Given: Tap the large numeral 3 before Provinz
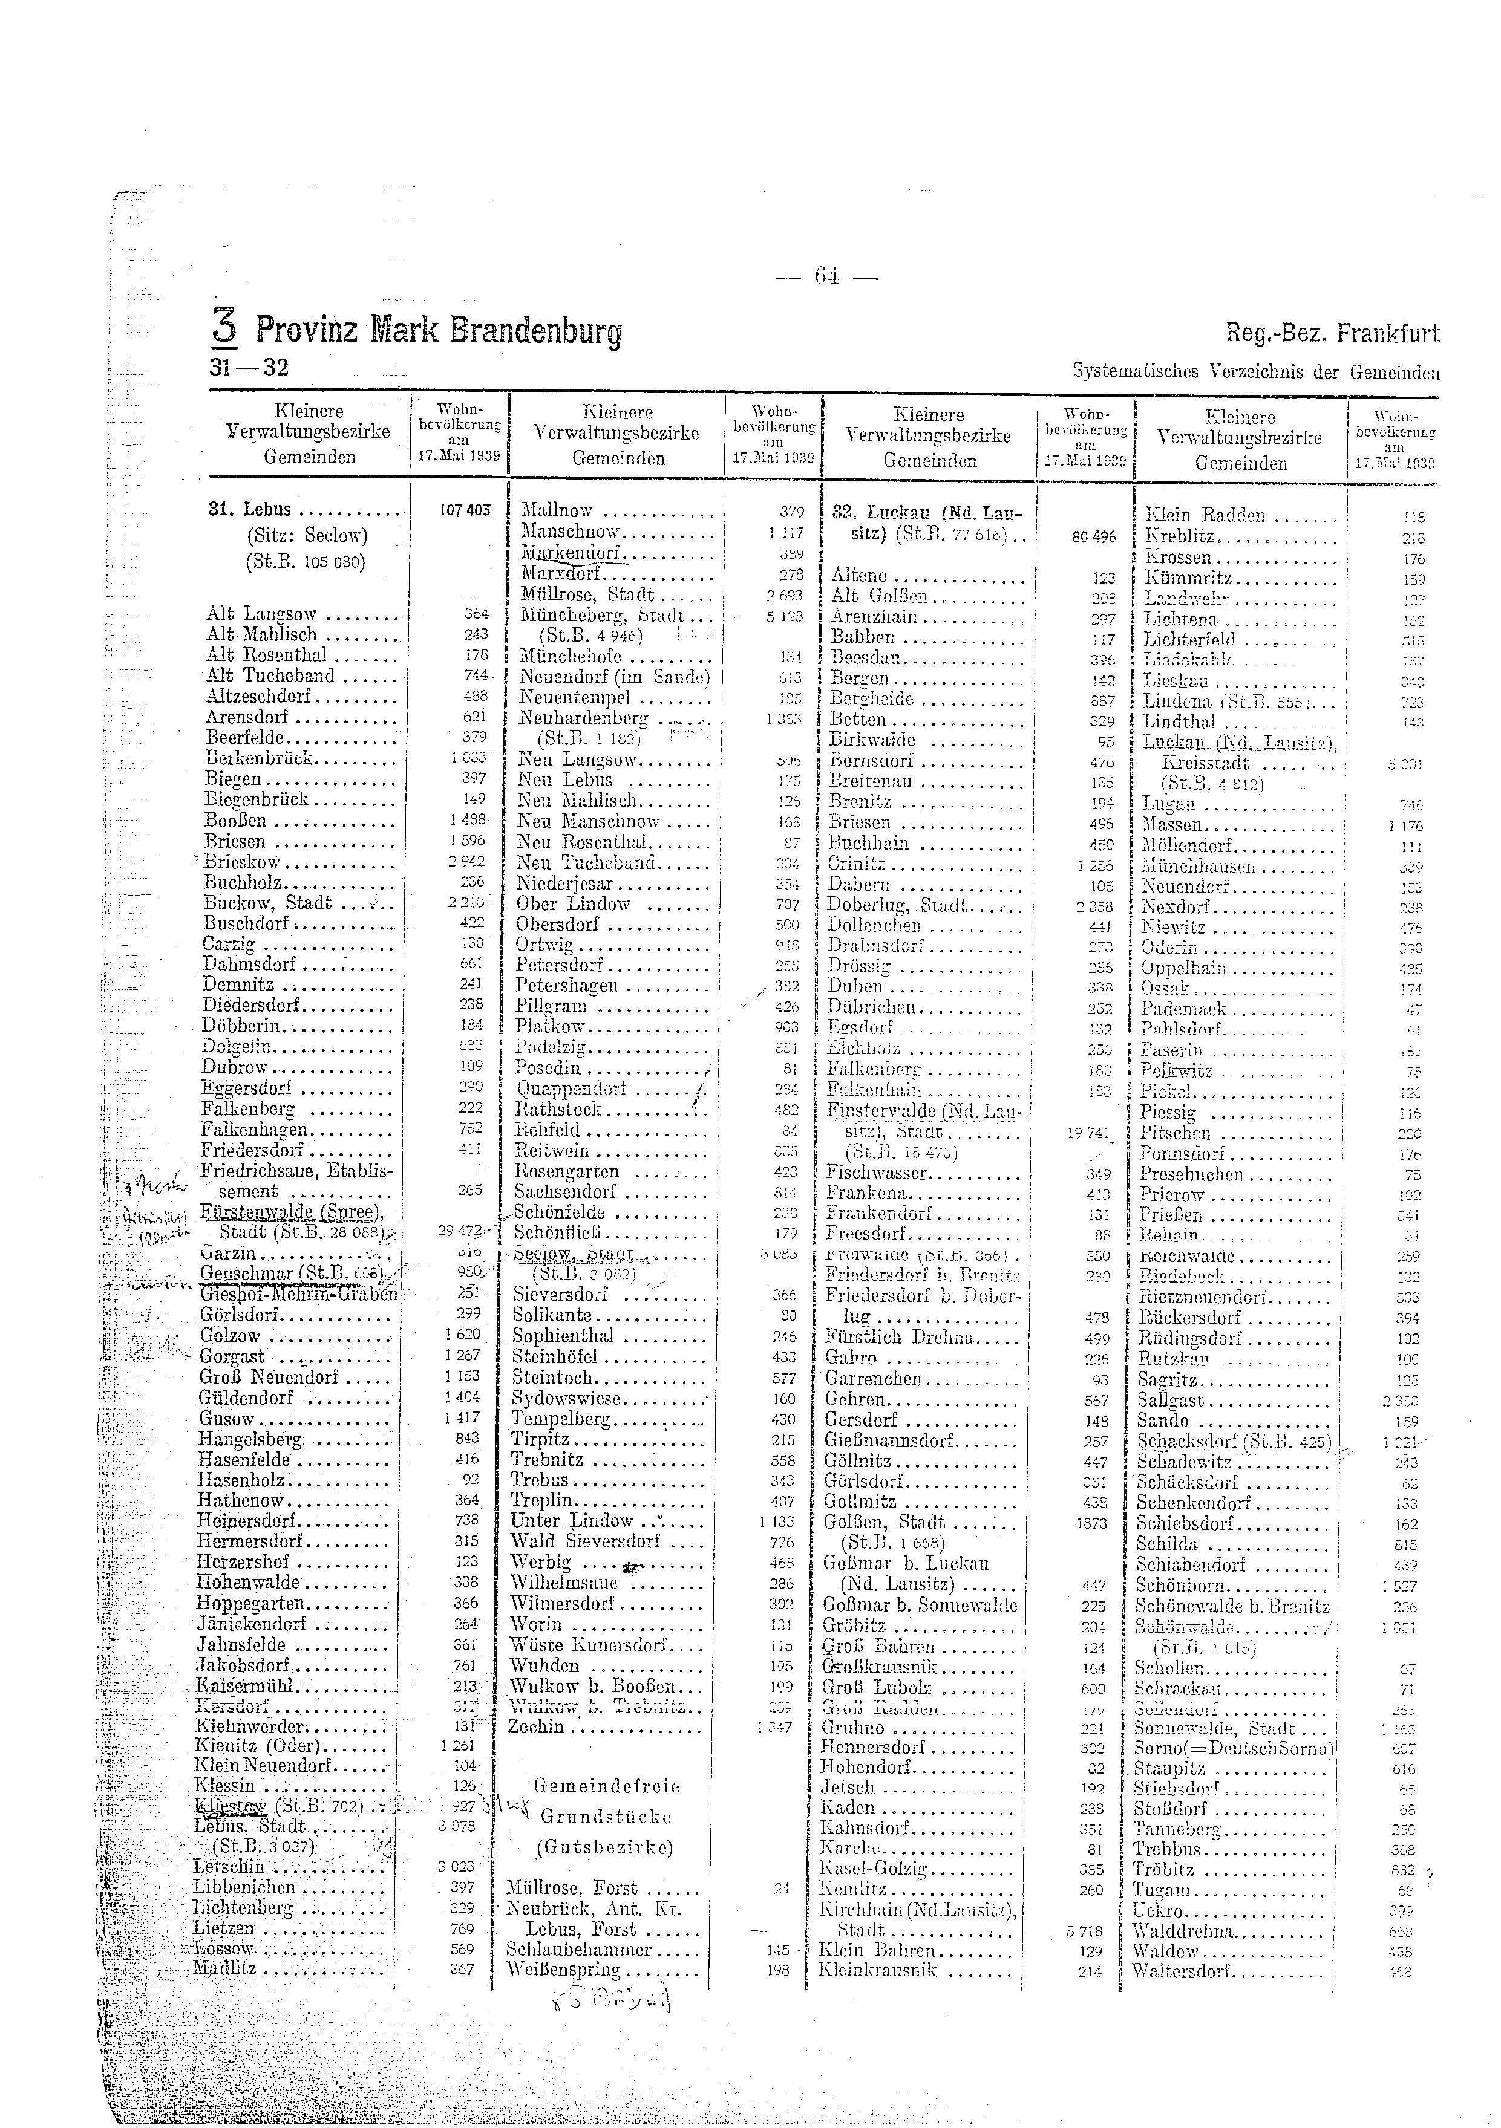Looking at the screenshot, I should tap(225, 326).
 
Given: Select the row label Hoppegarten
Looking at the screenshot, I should tap(250, 1604).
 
